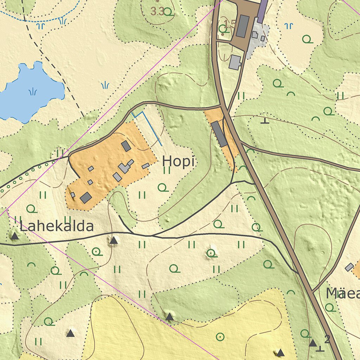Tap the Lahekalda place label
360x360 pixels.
(57, 226)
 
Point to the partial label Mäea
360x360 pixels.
(342, 293)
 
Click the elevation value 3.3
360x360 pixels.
(157, 12)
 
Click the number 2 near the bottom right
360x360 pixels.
(327, 339)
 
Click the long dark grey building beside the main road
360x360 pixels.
(219, 134)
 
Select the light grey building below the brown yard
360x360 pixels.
(235, 62)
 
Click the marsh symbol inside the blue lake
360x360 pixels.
(33, 92)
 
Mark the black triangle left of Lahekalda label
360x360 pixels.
(14, 236)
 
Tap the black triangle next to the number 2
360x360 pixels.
(313, 343)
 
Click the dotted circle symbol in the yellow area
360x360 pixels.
(220, 337)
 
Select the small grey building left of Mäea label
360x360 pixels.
(349, 267)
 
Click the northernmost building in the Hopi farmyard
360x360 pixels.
(126, 146)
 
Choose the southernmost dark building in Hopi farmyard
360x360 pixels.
(86, 198)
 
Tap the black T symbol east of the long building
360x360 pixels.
(265, 121)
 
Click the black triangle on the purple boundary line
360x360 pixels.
(169, 317)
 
